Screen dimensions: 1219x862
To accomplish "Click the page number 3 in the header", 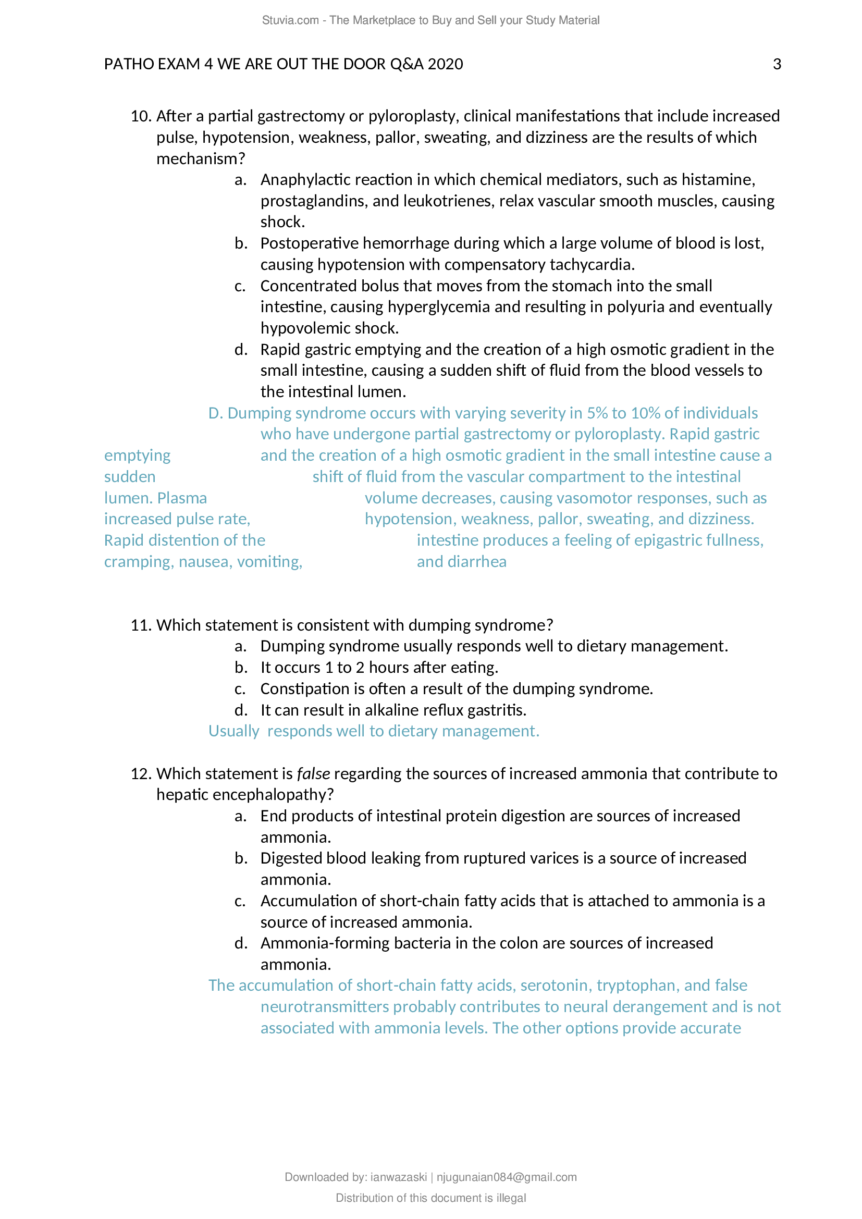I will pos(777,64).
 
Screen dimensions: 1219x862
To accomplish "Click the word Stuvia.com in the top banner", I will pos(290,20).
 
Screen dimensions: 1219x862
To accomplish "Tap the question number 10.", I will pos(141,116).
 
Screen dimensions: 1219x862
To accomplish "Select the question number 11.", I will pos(141,625).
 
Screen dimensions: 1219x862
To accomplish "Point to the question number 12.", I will pos(141,773).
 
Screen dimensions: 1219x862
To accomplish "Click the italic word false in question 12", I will pos(313,773).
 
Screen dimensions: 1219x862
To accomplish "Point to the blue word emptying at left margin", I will pos(137,455).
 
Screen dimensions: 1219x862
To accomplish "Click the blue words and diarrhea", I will pos(461,562).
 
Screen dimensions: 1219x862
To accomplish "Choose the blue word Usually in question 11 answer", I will pos(233,731).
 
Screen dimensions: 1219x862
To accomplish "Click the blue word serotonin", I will pos(553,986).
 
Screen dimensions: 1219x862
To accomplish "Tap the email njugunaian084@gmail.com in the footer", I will pos(507,1177).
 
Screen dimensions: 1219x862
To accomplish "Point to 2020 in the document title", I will pos(445,64).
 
